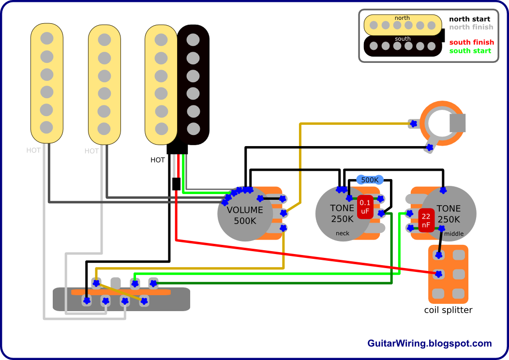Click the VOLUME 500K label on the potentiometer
(x=245, y=215)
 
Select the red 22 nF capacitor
(x=426, y=221)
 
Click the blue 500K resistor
(x=370, y=180)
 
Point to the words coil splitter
(x=448, y=310)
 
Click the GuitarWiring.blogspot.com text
(x=430, y=344)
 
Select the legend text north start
(x=469, y=19)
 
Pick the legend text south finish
(x=471, y=43)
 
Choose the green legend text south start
(x=470, y=51)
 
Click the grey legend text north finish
(x=471, y=27)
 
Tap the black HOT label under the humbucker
(x=158, y=160)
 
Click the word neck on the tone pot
(x=342, y=234)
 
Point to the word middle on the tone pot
(x=454, y=234)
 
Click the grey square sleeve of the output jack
(x=457, y=123)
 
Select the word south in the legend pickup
(x=403, y=39)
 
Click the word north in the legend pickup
(x=402, y=18)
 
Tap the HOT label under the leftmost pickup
(x=33, y=150)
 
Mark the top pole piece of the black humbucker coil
(x=193, y=39)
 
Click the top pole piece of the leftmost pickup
(x=46, y=37)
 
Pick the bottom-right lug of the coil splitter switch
(x=457, y=293)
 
